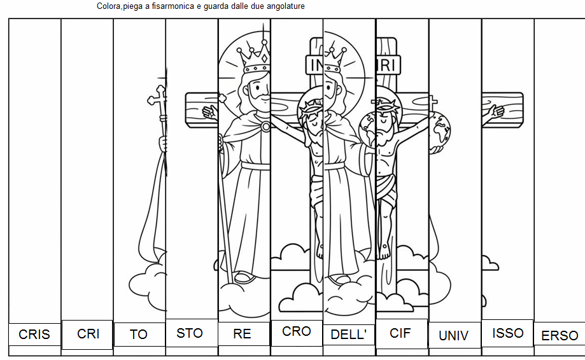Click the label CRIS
tap(34, 335)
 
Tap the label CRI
tap(88, 334)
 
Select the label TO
tap(139, 335)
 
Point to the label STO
tap(190, 333)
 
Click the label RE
tap(242, 334)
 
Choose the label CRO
tap(297, 331)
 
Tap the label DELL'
tap(348, 335)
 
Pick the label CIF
tap(400, 333)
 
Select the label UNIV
tap(453, 336)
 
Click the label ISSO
tap(508, 333)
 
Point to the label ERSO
tap(560, 336)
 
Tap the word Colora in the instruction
tap(109, 6)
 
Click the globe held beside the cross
tap(441, 130)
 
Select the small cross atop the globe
tap(433, 102)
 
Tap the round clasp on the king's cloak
tap(265, 127)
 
